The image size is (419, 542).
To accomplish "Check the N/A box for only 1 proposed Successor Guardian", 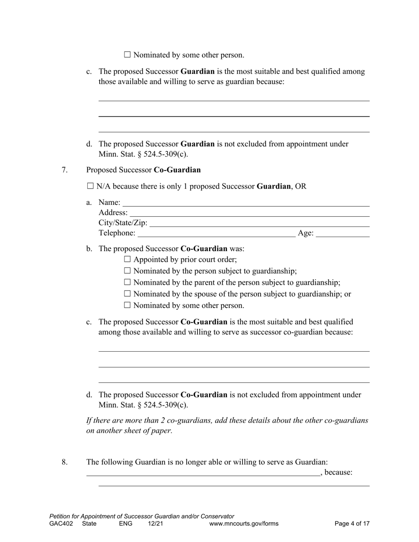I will [x=90, y=186].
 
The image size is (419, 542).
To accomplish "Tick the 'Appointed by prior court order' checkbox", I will [x=127, y=259].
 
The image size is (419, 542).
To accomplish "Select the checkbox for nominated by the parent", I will [x=127, y=282].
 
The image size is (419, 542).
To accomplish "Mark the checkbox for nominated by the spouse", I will [x=127, y=293].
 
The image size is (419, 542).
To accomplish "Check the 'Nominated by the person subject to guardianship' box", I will [x=127, y=271].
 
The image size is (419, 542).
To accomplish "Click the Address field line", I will [x=249, y=213].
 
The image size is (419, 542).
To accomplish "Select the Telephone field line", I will [x=216, y=234].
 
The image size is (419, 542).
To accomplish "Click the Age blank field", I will [x=343, y=234].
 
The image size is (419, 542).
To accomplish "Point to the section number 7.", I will [x=64, y=170].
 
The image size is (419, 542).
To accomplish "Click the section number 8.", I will [x=64, y=462].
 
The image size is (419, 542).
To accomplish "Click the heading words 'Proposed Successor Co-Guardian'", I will [x=143, y=170].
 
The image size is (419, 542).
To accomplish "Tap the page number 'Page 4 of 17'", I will [x=352, y=523].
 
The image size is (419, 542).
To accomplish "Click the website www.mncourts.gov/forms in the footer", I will [x=244, y=523].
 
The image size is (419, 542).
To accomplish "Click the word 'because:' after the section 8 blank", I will [x=338, y=472].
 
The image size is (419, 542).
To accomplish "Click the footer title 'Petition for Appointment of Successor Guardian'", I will [x=142, y=516].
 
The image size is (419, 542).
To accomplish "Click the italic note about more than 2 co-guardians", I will [x=227, y=425].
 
